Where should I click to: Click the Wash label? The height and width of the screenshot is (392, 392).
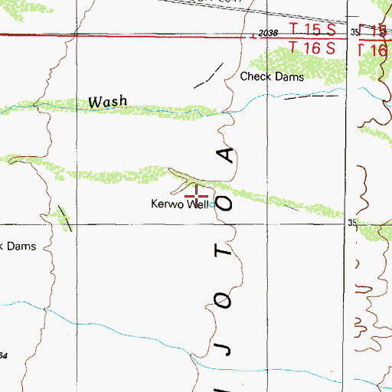(107, 101)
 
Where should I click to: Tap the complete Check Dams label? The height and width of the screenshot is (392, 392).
(272, 77)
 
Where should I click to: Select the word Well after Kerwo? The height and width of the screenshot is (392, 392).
(198, 204)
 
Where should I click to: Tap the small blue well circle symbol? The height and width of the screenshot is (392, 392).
(212, 205)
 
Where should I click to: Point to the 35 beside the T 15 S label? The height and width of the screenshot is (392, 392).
(354, 32)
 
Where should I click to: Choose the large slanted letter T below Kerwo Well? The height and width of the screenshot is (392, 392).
(222, 250)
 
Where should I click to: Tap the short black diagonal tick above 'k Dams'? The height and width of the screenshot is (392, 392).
(67, 219)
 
